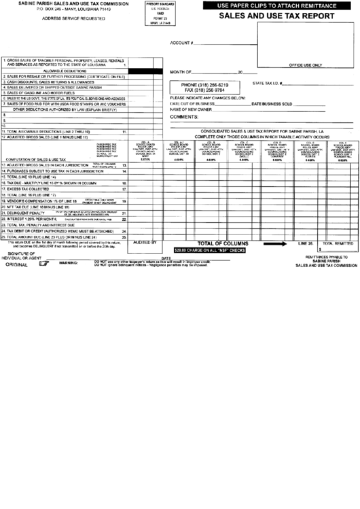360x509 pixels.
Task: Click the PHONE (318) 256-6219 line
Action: (200, 84)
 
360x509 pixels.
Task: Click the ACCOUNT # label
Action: (182, 41)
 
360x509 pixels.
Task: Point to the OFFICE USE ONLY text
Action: (304, 65)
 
